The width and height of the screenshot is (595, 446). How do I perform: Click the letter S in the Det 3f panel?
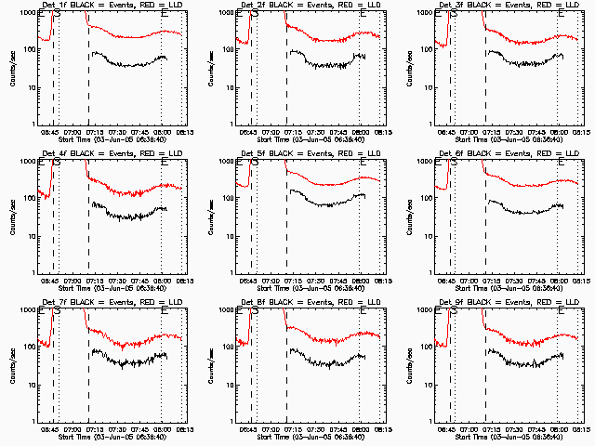click(454, 13)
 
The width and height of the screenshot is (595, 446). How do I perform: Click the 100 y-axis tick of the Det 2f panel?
click(228, 49)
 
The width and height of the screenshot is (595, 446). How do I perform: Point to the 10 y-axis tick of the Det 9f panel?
click(428, 384)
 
